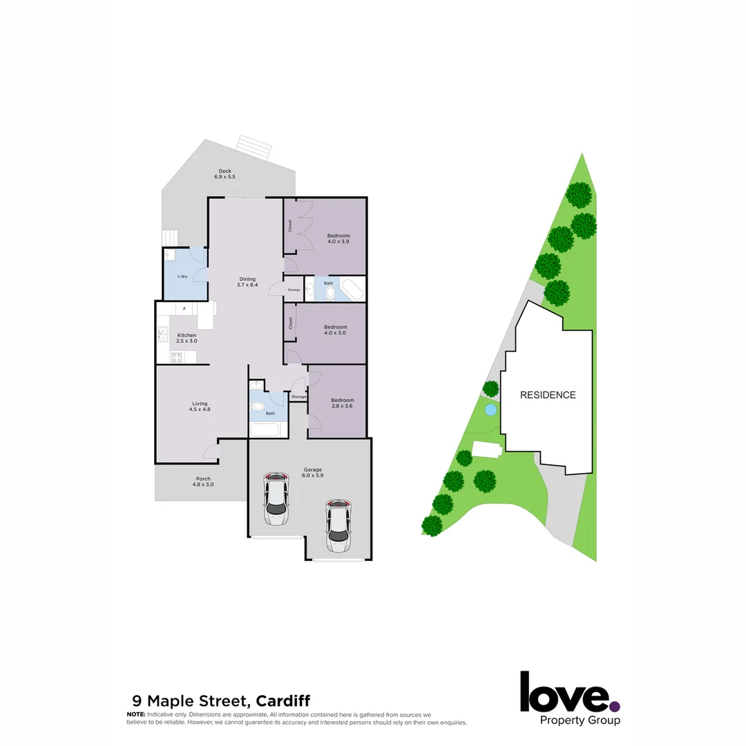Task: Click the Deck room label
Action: (x=224, y=174)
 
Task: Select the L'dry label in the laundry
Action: (x=182, y=276)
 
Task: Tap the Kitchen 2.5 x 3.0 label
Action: (x=186, y=338)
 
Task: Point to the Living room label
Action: (x=200, y=406)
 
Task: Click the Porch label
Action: (x=203, y=481)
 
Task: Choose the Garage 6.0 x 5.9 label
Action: (x=313, y=472)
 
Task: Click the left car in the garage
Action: (x=276, y=499)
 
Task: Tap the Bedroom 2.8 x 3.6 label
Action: (x=343, y=403)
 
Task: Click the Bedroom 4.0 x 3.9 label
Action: (x=338, y=239)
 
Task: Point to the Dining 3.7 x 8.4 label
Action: (x=247, y=282)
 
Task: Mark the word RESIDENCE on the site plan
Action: (x=548, y=395)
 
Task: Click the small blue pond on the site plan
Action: (x=490, y=410)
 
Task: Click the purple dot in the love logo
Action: (x=615, y=707)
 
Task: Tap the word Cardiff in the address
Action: (x=276, y=702)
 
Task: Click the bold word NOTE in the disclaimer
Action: (x=135, y=714)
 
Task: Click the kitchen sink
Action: (x=164, y=334)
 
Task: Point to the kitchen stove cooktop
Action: (x=176, y=357)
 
